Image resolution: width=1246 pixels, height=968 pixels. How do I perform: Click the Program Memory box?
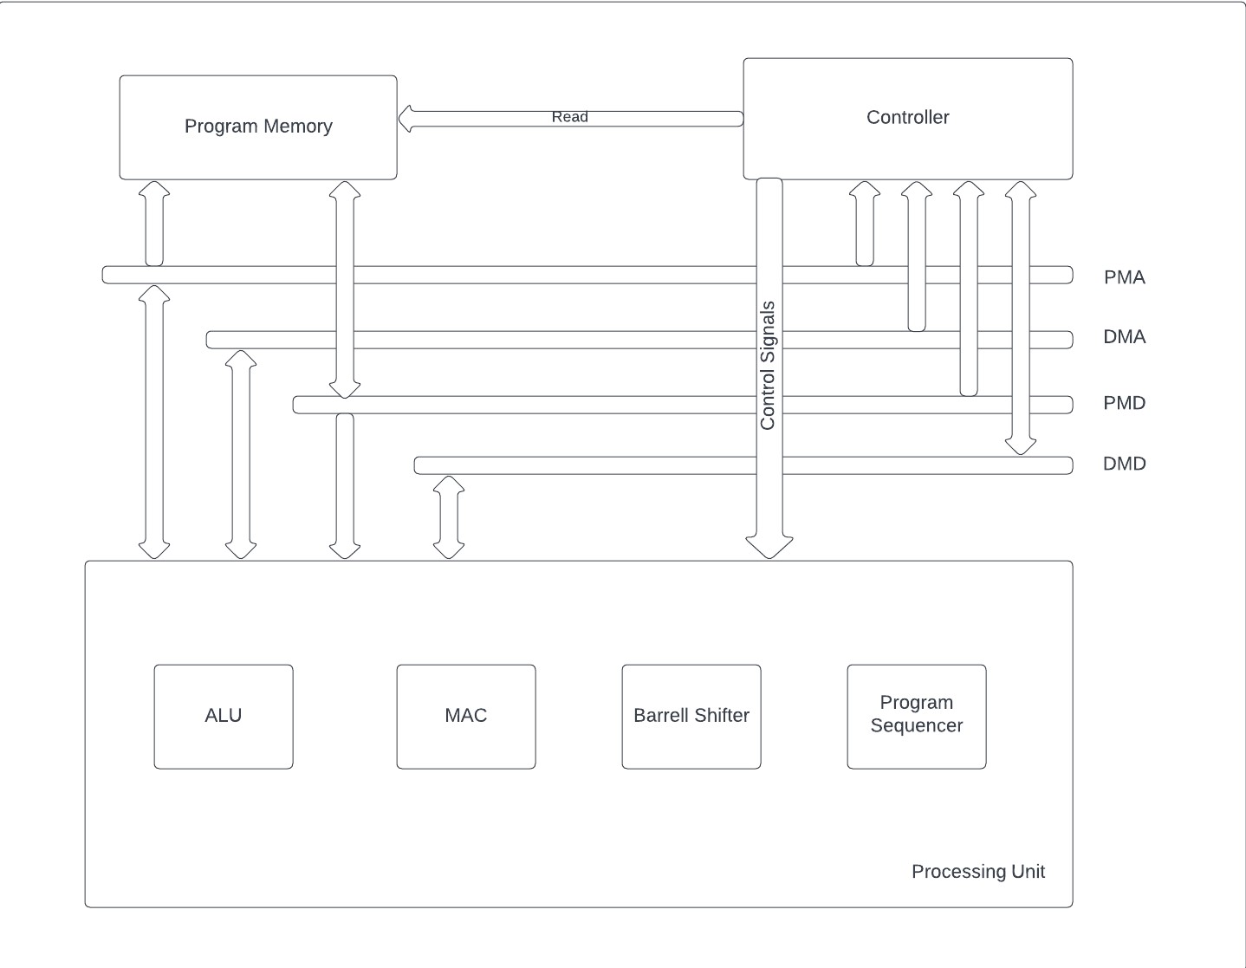point(258,127)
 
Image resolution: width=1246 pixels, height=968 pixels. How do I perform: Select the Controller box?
point(907,118)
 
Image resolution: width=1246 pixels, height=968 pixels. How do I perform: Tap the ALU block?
point(224,716)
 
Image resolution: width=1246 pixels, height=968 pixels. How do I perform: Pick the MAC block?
point(466,716)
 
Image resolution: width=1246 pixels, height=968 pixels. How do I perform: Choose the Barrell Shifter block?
point(691,716)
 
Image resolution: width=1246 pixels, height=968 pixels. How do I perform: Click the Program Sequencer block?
point(917,716)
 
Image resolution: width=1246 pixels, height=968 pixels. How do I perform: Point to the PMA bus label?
point(1124,277)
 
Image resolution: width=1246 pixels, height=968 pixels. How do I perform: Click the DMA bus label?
point(1124,337)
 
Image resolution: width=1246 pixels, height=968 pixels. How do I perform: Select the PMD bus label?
point(1124,403)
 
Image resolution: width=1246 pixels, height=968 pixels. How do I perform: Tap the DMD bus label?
point(1124,464)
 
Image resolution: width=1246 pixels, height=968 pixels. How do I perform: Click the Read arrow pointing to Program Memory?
point(570,118)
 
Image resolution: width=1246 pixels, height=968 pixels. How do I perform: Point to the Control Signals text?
point(768,366)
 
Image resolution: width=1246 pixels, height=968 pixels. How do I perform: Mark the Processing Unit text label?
point(977,872)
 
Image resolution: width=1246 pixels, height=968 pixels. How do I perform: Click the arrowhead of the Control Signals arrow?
point(769,547)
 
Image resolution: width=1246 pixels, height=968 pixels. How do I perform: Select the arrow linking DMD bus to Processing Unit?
point(449,517)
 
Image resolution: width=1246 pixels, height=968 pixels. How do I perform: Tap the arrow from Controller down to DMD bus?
point(1021,317)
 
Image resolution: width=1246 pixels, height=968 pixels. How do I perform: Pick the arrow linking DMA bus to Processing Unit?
point(241,455)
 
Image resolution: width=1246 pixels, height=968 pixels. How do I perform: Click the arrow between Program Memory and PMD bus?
point(345,289)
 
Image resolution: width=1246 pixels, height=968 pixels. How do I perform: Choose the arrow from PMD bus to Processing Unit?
point(345,485)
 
